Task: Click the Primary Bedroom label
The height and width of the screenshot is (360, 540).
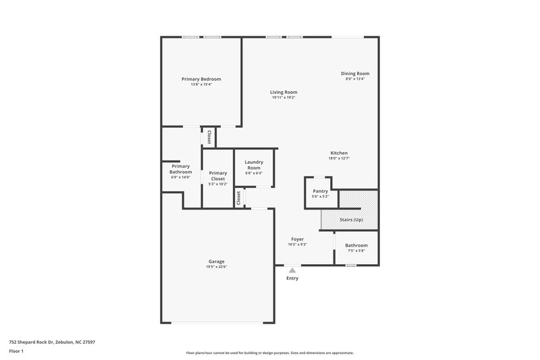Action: pos(201,79)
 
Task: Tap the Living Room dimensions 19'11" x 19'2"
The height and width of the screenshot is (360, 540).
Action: pos(283,98)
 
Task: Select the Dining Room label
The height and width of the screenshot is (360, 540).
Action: pos(357,74)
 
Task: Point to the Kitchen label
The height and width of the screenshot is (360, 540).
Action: pos(338,153)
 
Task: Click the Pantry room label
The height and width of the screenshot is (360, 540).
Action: pos(320,191)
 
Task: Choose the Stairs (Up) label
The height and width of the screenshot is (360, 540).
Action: pos(350,220)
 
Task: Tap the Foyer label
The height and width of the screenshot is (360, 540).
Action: pos(297,239)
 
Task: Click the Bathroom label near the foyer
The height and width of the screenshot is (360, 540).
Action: pos(356,245)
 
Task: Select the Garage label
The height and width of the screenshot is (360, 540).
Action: pos(216,261)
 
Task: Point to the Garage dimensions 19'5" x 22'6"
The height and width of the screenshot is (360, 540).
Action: pos(216,267)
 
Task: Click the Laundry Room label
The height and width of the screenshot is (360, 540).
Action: pos(254,164)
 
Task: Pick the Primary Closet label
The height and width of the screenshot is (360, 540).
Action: pos(218,176)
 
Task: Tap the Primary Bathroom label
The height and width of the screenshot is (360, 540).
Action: pos(181,169)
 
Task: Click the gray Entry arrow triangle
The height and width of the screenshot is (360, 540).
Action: pos(292,270)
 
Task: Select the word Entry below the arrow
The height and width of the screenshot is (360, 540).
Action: pos(292,278)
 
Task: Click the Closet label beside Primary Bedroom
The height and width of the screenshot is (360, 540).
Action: pos(209,137)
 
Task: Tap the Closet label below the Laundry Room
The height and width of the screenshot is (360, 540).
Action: pos(238,198)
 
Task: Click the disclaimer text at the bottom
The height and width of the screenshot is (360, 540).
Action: pos(269,353)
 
